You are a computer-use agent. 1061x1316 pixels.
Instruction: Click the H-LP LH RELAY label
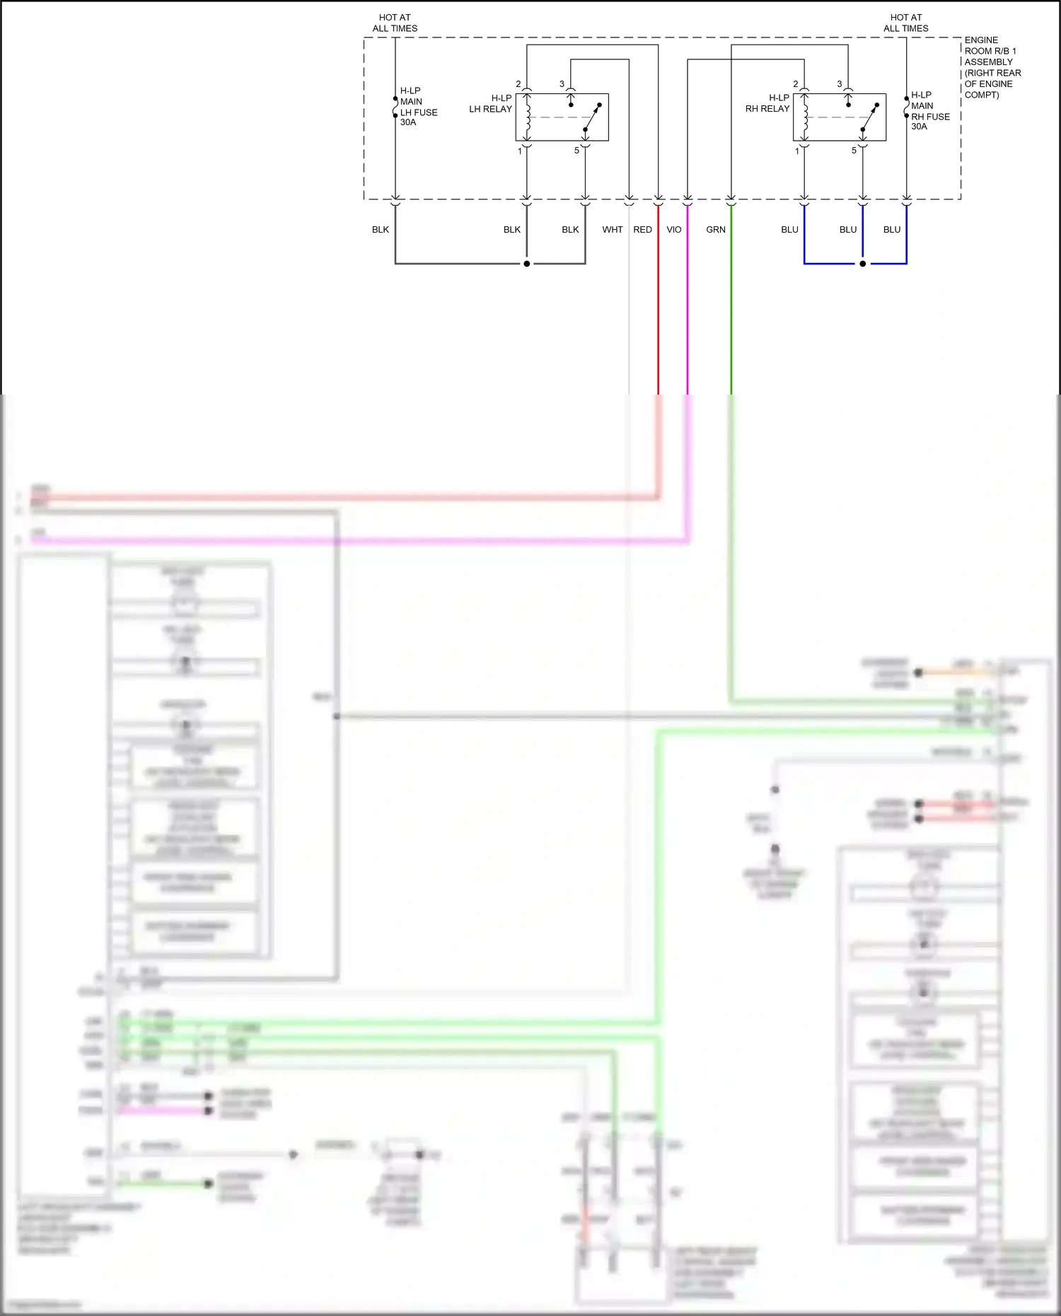point(491,104)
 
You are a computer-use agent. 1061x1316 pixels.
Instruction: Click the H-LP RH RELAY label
point(767,103)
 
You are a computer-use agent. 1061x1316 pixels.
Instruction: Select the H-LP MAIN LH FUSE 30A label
point(418,107)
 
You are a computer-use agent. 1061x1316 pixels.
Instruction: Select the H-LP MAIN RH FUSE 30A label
point(930,111)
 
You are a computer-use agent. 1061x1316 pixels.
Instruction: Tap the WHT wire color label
point(613,230)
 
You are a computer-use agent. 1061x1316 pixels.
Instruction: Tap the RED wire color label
point(642,230)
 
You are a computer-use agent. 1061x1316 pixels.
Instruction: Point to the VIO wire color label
point(674,230)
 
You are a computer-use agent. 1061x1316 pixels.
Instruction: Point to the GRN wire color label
point(716,230)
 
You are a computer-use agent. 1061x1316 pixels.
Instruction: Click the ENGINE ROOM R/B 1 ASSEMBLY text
point(992,67)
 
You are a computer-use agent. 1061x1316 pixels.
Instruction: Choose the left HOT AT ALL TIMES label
point(395,23)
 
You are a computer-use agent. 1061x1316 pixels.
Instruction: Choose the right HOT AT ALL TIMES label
point(906,23)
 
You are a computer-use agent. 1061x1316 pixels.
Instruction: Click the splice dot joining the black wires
point(527,264)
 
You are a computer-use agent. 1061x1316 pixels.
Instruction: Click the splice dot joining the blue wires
point(862,264)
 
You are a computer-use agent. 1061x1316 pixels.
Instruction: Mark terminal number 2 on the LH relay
point(518,84)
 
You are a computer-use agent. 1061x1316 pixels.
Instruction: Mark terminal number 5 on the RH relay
point(854,151)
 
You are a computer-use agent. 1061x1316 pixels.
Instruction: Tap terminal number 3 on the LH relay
point(562,84)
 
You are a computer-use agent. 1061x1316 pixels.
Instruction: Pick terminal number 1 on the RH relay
point(797,151)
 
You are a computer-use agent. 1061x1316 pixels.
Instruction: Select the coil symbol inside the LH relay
point(527,117)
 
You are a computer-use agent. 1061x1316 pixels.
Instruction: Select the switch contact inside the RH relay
point(869,117)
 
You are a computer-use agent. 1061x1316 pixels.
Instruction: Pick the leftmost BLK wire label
point(381,230)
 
